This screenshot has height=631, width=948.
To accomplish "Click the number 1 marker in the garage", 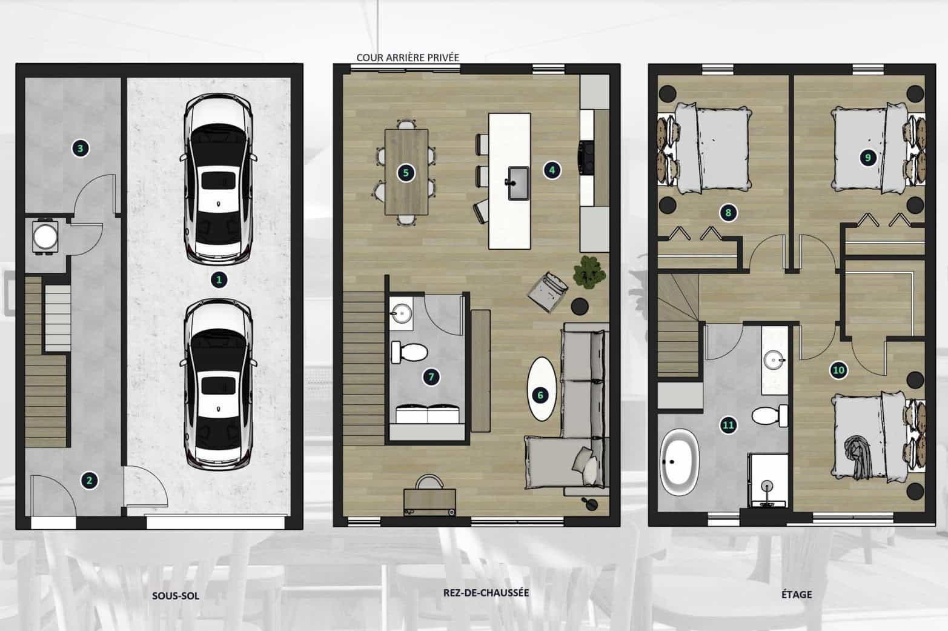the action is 219,279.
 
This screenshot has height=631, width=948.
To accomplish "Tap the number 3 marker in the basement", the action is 81,149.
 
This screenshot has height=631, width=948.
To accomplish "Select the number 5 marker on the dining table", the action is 406,173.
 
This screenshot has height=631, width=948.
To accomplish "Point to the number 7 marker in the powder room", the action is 431,377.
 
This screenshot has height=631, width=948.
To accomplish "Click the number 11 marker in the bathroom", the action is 728,425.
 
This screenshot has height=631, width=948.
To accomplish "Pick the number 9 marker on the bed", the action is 868,158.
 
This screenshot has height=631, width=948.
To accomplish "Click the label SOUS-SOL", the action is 176,595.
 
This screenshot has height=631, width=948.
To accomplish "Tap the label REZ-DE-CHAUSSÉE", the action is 486,592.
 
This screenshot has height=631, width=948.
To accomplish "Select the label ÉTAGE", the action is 797,594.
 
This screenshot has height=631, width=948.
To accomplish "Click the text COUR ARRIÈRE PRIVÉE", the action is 408,58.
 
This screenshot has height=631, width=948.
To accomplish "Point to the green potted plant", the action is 589,272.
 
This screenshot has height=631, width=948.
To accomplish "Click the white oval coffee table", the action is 541,389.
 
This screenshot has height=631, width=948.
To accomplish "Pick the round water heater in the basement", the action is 45,237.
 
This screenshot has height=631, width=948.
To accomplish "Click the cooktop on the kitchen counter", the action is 586,158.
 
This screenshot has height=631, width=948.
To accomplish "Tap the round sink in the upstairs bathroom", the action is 775,361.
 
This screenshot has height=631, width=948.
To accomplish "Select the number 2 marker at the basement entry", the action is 89,480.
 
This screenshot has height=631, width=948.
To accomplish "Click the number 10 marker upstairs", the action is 838,370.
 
